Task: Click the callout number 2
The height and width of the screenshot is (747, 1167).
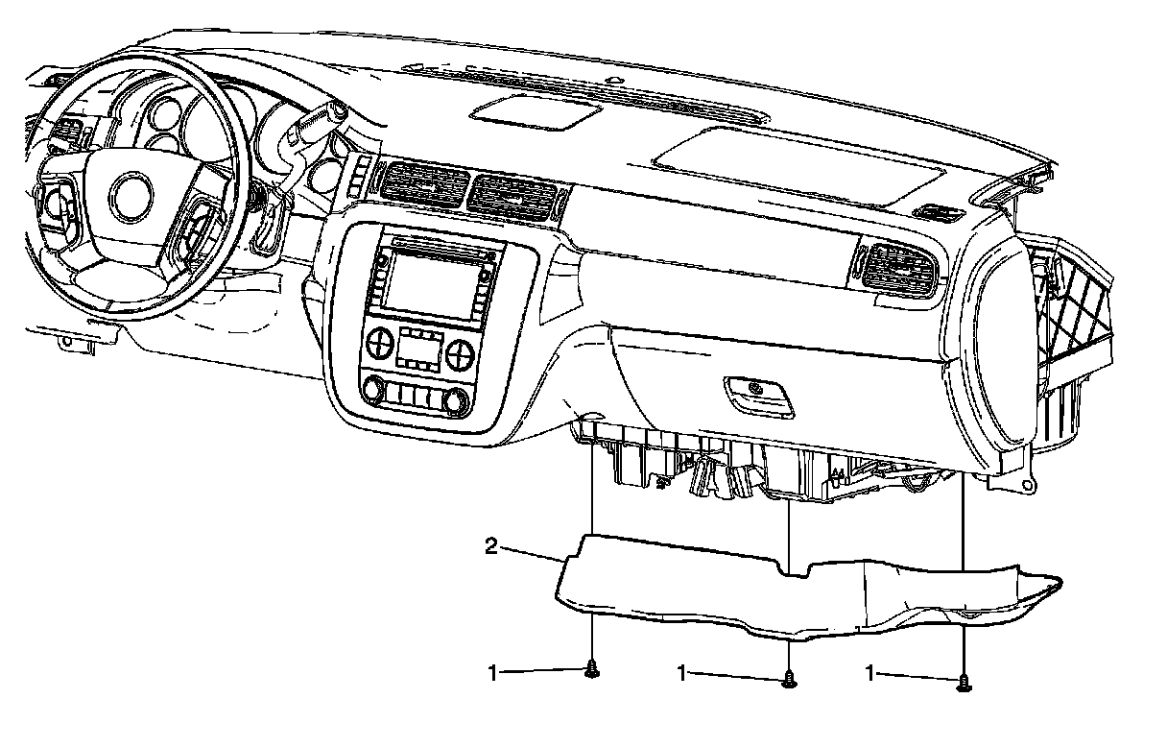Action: coord(491,547)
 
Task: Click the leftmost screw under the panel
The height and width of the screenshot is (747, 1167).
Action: coord(592,669)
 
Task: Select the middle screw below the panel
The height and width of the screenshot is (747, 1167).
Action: coord(789,679)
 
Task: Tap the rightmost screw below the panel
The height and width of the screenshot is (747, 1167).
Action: coord(964,683)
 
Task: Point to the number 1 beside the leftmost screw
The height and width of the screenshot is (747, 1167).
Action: coord(493,673)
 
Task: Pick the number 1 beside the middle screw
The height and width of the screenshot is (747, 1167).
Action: coord(682,673)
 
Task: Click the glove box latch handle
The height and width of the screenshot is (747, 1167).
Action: coord(759,396)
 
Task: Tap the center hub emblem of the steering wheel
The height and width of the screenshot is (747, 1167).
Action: coord(131,197)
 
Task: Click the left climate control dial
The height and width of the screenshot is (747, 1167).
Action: coord(381,343)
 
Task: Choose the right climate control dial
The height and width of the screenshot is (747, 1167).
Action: coord(459,353)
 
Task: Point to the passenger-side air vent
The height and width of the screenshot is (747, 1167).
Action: coord(897,270)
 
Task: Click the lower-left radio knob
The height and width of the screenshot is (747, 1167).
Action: coord(373,390)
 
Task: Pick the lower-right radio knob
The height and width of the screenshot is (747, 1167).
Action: coord(457,401)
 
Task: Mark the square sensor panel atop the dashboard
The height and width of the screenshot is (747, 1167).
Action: coord(536,112)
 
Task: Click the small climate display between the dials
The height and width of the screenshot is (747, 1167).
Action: coord(420,349)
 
